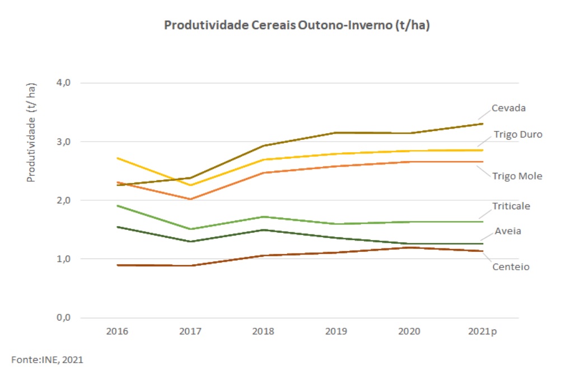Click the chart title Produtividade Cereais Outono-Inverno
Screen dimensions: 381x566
pos(297,26)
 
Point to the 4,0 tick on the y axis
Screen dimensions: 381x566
pos(63,83)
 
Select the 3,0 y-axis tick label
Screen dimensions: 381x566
pos(63,142)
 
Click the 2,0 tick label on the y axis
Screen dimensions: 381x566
pos(63,200)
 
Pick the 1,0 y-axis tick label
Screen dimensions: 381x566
pos(63,259)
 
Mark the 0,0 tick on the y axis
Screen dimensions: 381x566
pos(63,318)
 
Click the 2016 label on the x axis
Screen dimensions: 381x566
pos(117,331)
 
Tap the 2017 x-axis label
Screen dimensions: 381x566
pos(190,331)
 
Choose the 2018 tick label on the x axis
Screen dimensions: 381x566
pos(263,331)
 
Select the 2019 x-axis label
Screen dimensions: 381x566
pos(336,331)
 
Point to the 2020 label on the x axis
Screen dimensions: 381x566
pos(409,331)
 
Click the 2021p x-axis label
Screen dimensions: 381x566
pos(482,331)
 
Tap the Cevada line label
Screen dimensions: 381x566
pos(508,108)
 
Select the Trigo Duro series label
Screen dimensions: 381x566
pos(518,135)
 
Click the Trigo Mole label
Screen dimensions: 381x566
pos(517,176)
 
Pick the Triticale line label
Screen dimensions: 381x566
pos(511,206)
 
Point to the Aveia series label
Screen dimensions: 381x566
pos(508,231)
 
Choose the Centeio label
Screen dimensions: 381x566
pos(511,266)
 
